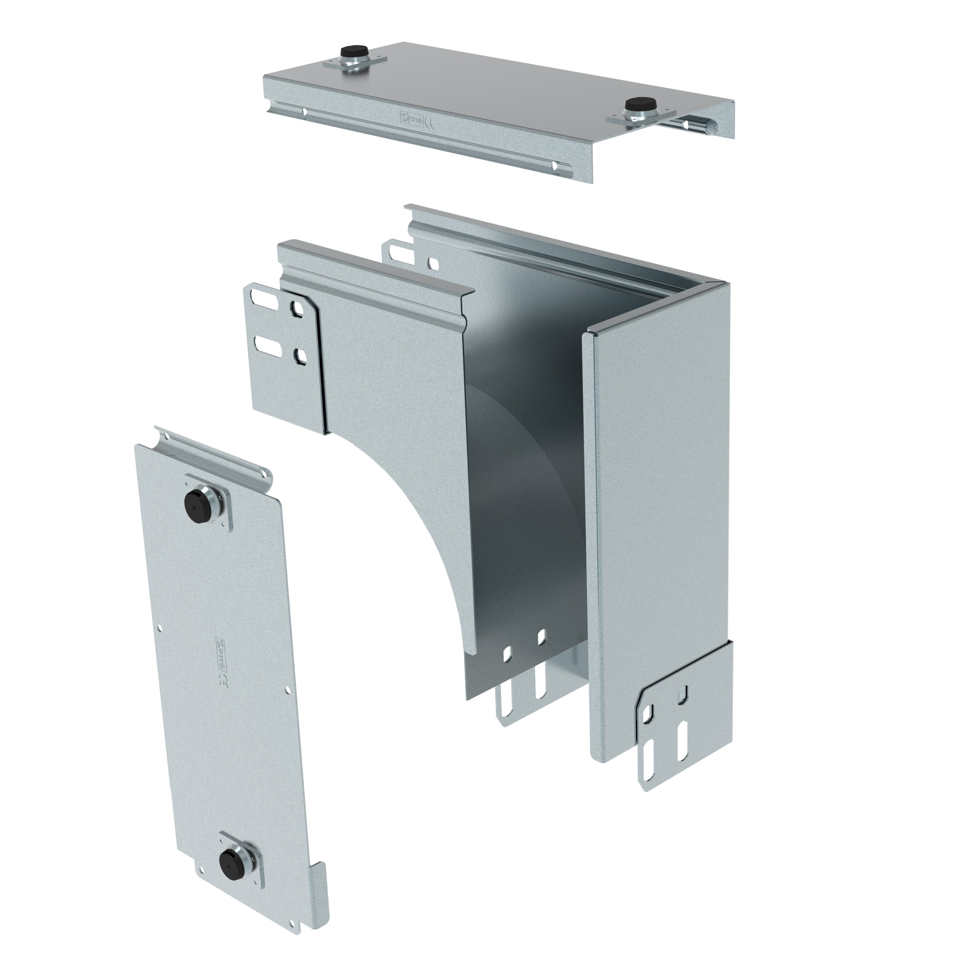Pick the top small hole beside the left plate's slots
click(298, 311)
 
